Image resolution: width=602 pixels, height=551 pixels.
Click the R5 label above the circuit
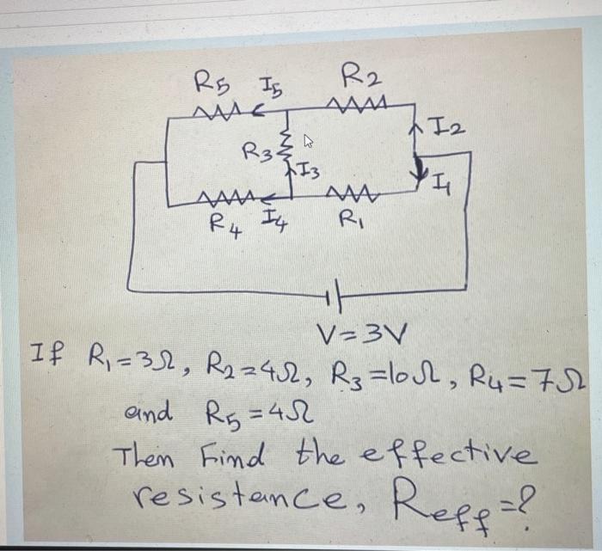(208, 83)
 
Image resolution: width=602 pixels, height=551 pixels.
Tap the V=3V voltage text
(353, 332)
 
